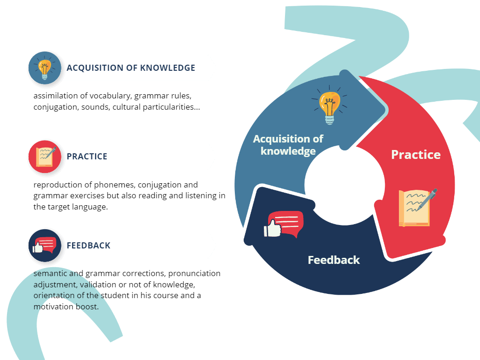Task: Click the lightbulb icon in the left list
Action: [x=45, y=68]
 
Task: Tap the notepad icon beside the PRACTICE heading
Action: [x=45, y=157]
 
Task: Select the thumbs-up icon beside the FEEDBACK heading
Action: [x=45, y=245]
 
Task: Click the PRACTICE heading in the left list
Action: [x=87, y=157]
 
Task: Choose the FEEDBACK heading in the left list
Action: [x=89, y=246]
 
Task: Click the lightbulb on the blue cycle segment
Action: [x=330, y=106]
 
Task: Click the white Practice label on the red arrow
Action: [x=416, y=155]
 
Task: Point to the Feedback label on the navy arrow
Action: [x=334, y=260]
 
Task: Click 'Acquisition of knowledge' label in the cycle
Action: [x=288, y=145]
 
